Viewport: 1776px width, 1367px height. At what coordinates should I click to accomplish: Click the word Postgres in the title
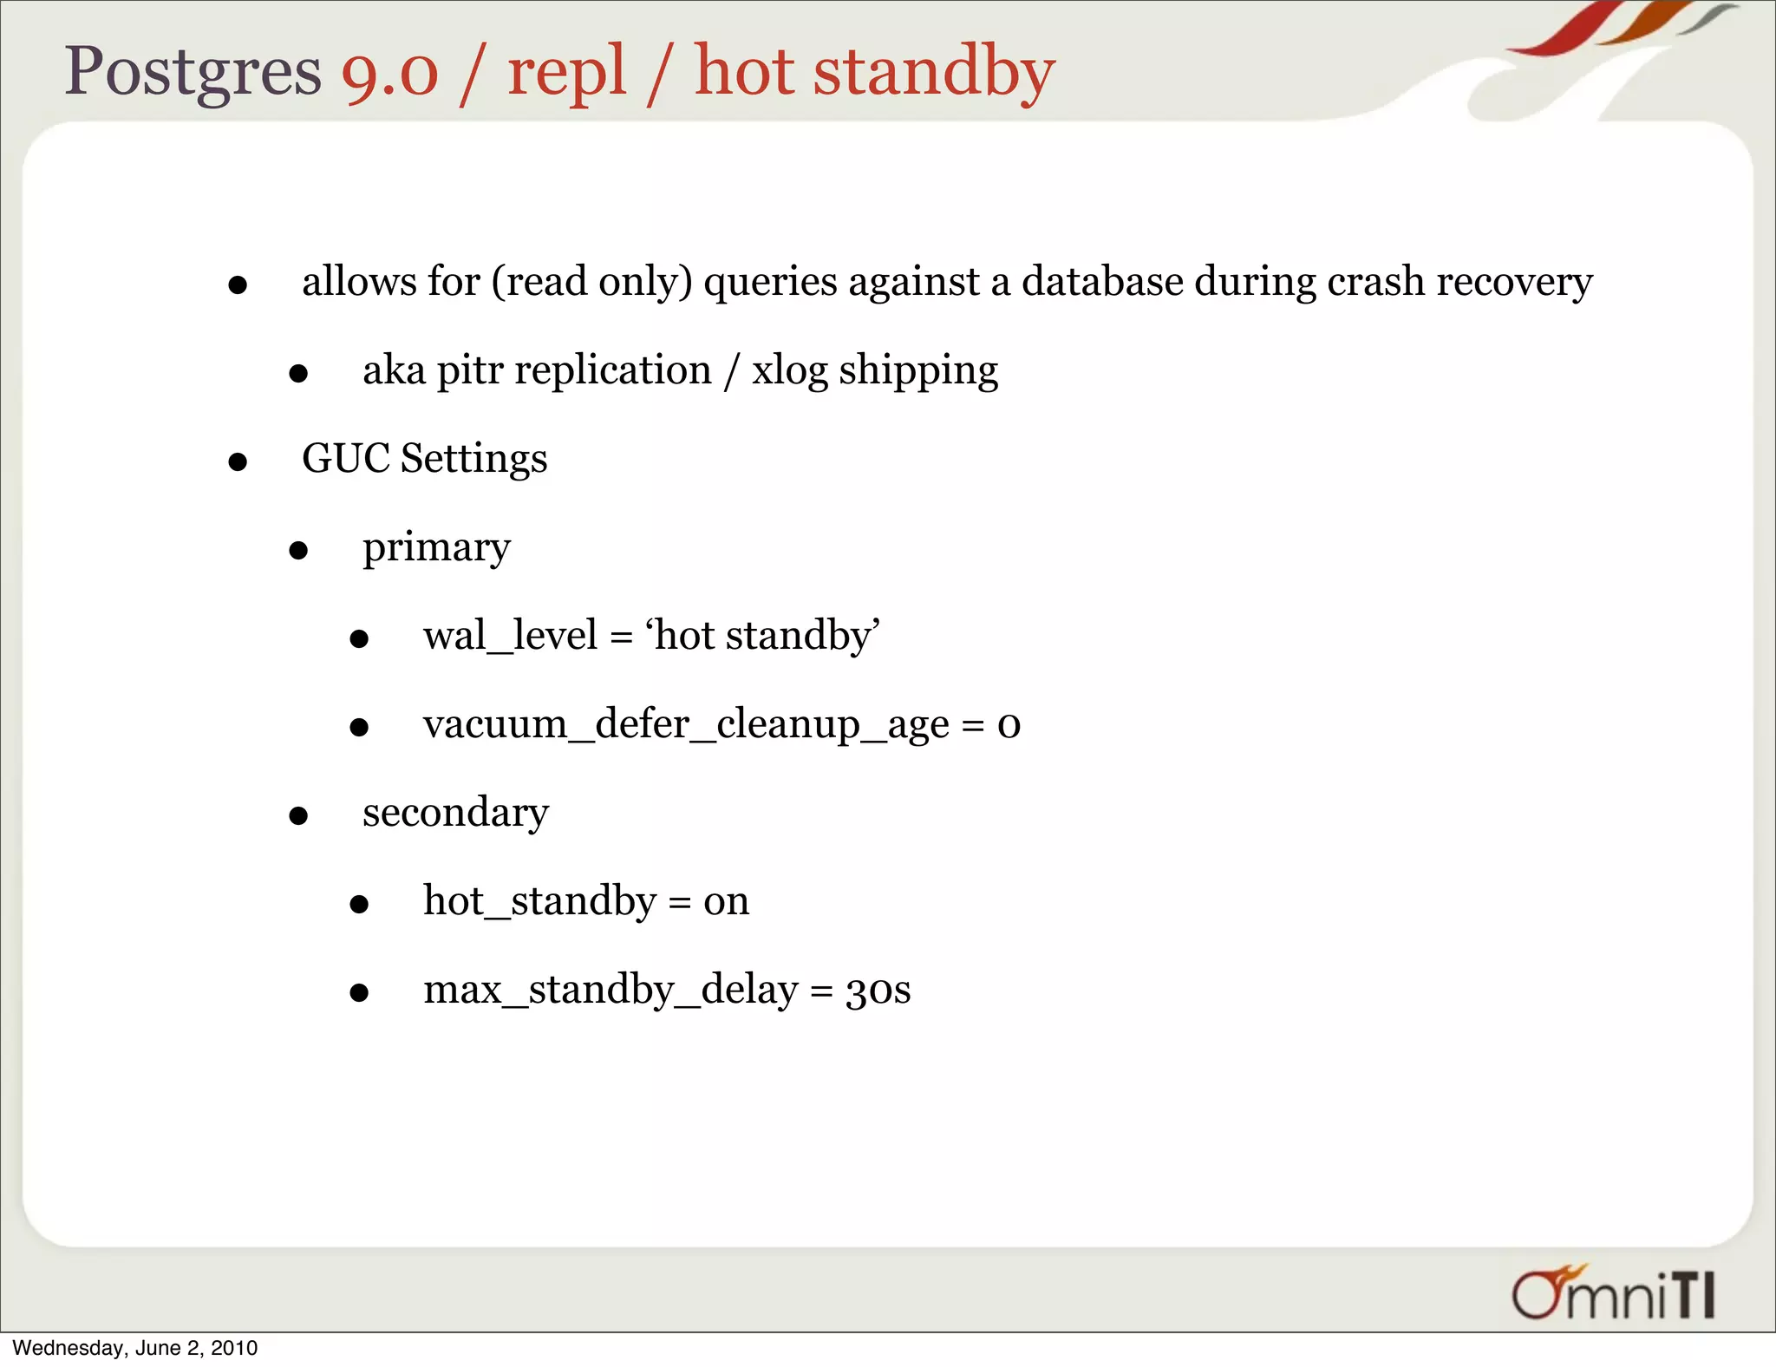(x=193, y=71)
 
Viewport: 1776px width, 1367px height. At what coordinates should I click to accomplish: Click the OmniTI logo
(x=1613, y=1293)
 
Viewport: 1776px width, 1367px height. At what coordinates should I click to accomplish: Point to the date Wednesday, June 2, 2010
(x=135, y=1348)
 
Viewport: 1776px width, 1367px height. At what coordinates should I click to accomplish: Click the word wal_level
(x=510, y=635)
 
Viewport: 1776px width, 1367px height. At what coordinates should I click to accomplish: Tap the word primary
(x=436, y=548)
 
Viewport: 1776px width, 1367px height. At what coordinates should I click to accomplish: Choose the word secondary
(x=455, y=812)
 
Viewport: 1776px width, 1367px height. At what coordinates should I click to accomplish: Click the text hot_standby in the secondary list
(x=539, y=901)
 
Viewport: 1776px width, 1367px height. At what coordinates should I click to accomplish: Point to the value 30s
(x=878, y=990)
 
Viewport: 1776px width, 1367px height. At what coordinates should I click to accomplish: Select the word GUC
(x=345, y=458)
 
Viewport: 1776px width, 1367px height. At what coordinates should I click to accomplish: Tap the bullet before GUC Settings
(x=238, y=462)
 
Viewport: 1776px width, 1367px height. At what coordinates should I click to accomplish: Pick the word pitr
(x=469, y=371)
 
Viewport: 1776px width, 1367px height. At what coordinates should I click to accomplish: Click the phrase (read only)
(x=591, y=282)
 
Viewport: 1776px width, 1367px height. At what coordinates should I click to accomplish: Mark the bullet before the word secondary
(x=298, y=815)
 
